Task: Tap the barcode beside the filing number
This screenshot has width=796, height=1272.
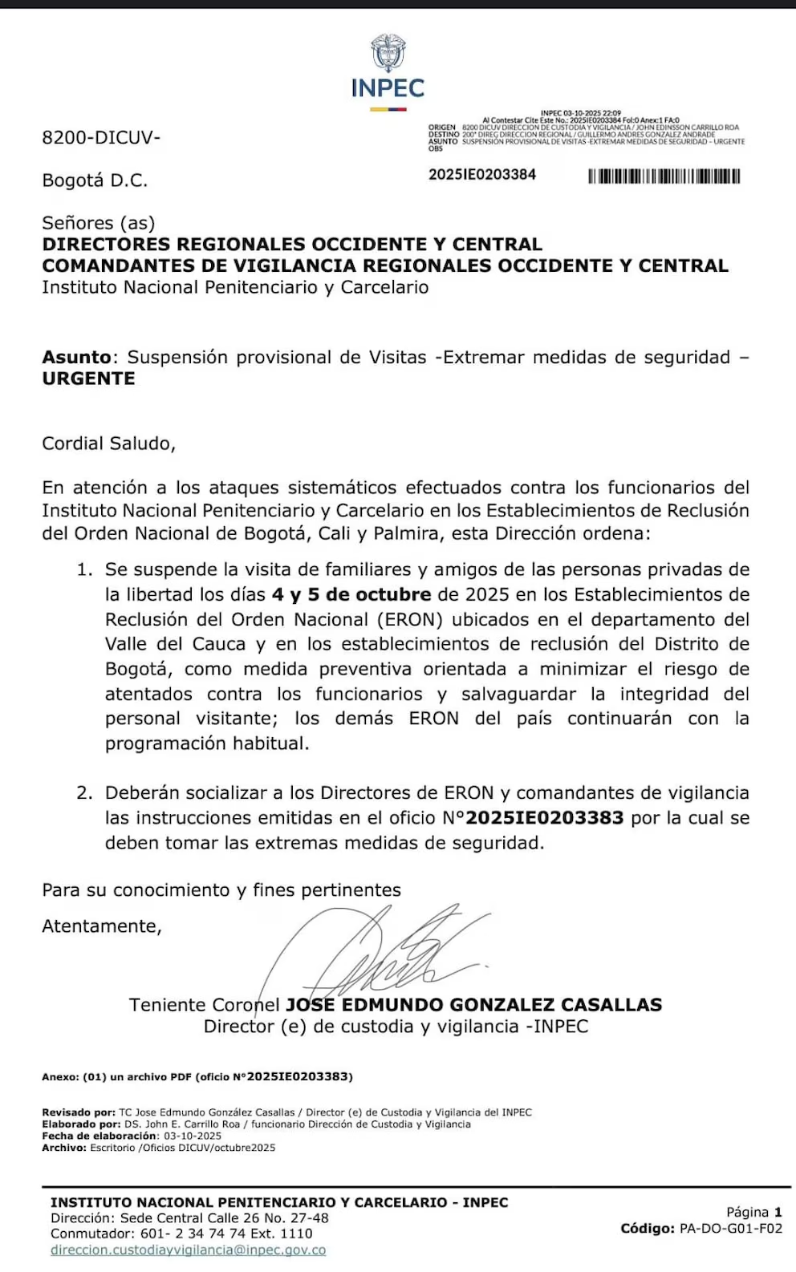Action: coord(664,176)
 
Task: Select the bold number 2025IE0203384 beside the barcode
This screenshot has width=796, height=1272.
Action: coord(481,175)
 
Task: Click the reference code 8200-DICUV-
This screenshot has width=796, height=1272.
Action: coord(101,138)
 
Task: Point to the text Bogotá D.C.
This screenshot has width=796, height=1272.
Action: coord(95,180)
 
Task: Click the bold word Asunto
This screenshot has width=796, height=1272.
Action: coord(76,358)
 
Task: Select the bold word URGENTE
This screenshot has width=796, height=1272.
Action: coord(88,379)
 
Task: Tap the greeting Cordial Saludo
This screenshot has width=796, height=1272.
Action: coord(108,444)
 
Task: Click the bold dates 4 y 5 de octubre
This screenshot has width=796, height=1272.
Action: coord(351,595)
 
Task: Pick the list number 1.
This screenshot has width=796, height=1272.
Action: coord(84,570)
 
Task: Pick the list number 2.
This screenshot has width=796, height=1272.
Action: coord(84,793)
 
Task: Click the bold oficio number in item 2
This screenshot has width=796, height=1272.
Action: coord(544,818)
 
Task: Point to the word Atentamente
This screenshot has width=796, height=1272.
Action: coord(102,926)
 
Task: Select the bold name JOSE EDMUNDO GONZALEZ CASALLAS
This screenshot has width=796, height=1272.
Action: coord(473,1005)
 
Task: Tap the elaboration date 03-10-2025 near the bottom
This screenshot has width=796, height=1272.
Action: coord(193,1136)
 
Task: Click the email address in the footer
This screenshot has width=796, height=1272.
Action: coord(188,1250)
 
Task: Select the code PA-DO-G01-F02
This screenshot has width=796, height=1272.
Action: coord(730,1229)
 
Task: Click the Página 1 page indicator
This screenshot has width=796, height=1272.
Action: coord(753,1212)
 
